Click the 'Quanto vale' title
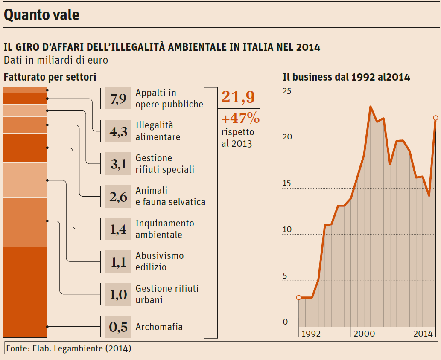42,15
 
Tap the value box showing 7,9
118,99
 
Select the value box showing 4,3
118,131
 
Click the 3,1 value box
118,164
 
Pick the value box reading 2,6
118,196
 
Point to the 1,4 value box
118,229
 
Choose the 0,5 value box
118,327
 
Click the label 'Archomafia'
159,327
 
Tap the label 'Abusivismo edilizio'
159,261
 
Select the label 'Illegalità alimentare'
158,131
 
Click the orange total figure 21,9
238,97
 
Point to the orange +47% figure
240,117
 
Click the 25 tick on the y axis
287,91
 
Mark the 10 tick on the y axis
287,229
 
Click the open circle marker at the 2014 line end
435,118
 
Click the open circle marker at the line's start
298,297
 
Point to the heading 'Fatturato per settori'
50,77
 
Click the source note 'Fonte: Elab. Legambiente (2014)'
68,348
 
